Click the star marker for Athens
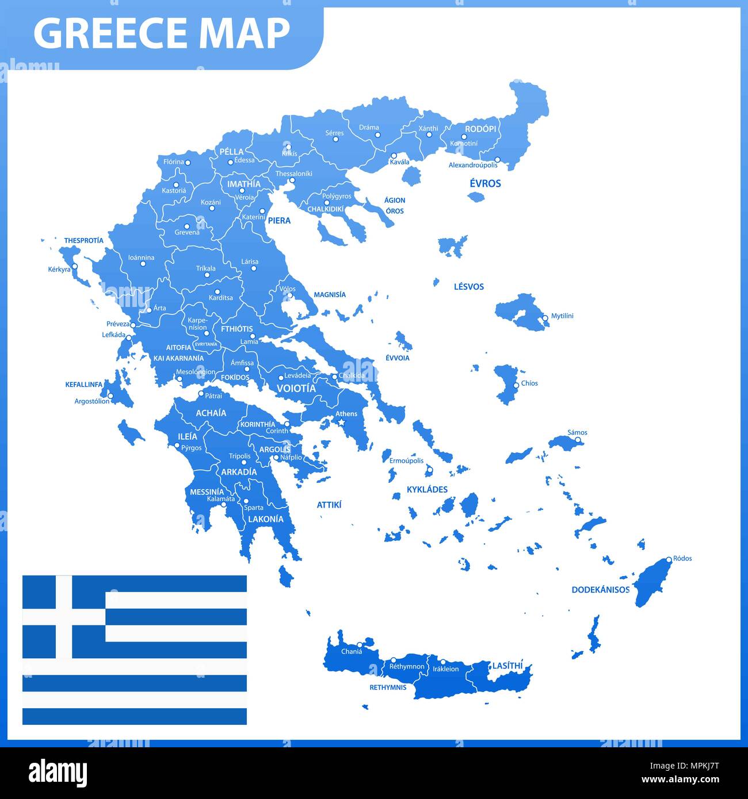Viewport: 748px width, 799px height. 341,422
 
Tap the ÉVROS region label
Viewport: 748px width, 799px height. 485,183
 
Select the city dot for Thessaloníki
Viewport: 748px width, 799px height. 292,180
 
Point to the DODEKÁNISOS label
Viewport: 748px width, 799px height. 600,589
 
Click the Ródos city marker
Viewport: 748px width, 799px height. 669,559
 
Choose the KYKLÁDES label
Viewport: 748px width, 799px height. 427,489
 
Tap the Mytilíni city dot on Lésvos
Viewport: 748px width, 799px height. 545,317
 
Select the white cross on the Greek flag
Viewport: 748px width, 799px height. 64,617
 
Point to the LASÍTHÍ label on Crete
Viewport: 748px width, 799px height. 507,666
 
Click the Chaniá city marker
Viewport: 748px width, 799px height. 359,644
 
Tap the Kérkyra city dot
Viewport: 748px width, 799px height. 74,266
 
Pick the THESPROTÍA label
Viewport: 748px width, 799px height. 84,240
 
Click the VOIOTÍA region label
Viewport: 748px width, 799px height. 296,389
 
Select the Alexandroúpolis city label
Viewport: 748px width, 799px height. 473,166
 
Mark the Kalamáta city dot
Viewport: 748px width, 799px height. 224,505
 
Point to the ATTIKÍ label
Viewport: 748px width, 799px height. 329,505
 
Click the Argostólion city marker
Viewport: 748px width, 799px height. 111,396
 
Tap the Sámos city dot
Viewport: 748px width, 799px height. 579,440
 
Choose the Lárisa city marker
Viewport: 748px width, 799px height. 253,268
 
